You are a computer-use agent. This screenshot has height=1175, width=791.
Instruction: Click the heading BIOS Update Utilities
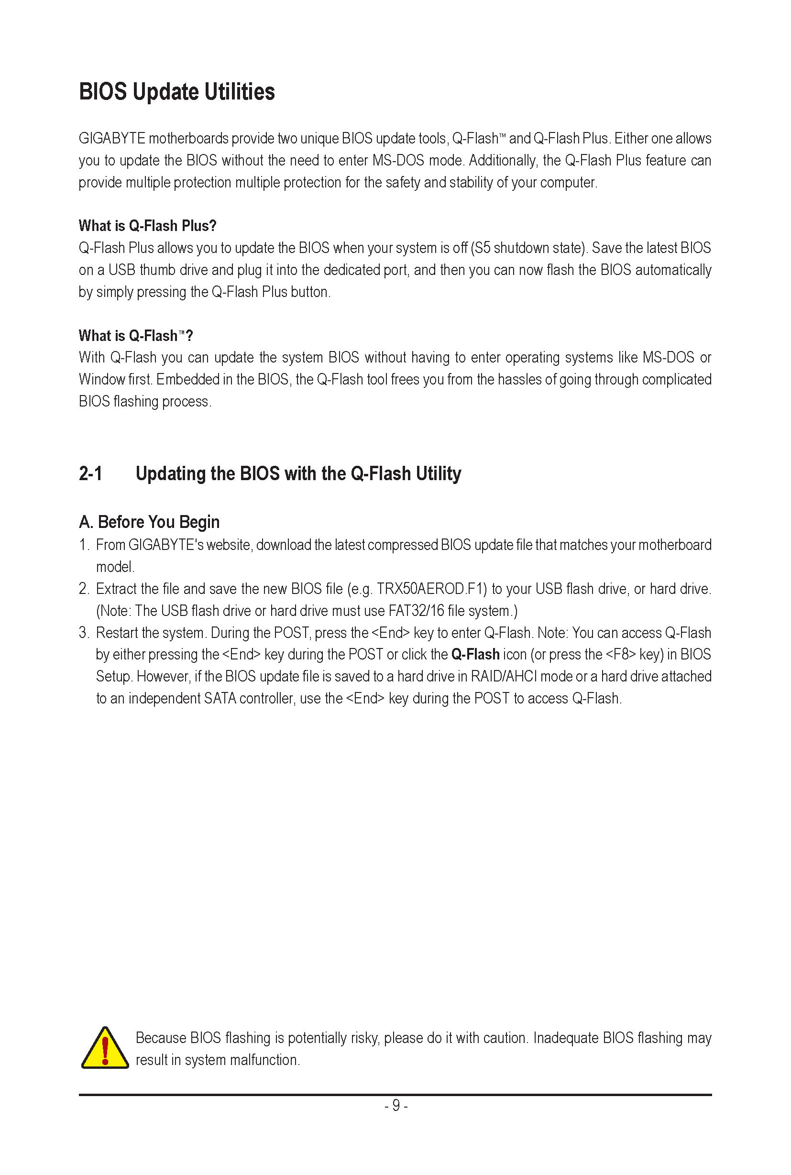click(x=176, y=92)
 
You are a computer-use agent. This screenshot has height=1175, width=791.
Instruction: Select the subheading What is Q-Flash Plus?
click(x=147, y=226)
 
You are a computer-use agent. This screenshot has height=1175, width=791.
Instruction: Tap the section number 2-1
click(x=91, y=474)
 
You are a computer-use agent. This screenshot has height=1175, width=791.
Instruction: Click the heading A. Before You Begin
click(x=149, y=522)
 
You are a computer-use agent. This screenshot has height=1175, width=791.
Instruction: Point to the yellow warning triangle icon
click(x=105, y=1048)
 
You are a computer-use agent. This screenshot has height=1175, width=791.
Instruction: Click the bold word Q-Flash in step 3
click(x=475, y=654)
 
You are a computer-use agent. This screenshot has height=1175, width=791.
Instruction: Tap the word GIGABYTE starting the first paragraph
click(x=112, y=138)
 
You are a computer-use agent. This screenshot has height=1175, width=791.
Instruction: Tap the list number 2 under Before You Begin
click(x=83, y=589)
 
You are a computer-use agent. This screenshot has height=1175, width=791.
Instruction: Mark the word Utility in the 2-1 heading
click(x=439, y=474)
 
